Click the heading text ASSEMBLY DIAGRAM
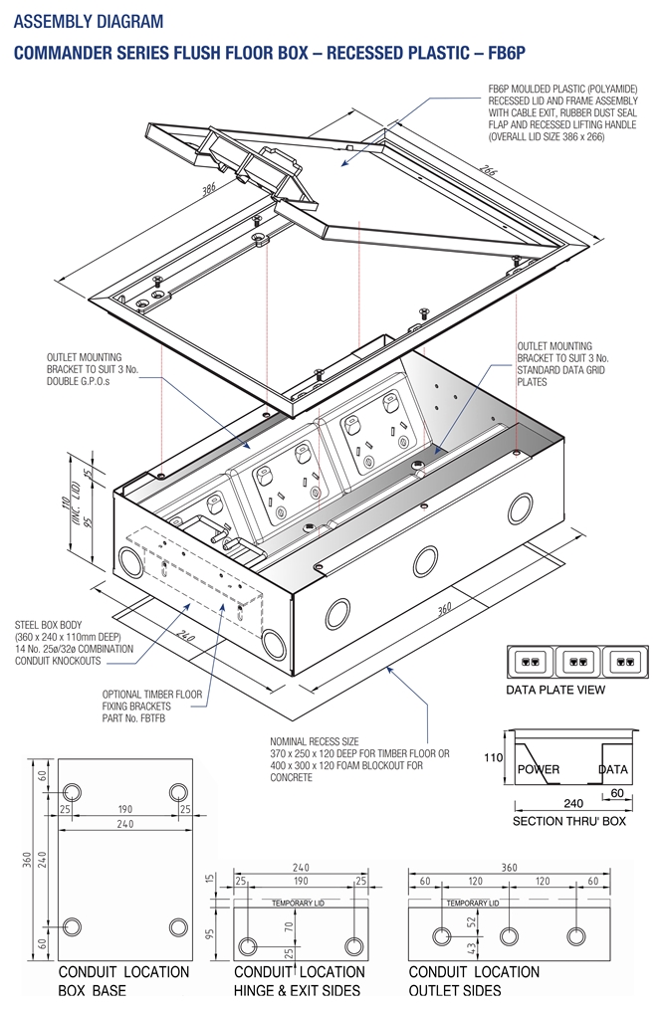(89, 21)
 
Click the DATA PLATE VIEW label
(555, 690)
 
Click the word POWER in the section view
(539, 769)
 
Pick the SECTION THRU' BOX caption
(568, 822)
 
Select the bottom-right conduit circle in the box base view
(178, 926)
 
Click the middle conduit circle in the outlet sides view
(509, 936)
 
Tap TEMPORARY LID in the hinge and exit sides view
(301, 903)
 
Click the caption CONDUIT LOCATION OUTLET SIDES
(474, 981)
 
